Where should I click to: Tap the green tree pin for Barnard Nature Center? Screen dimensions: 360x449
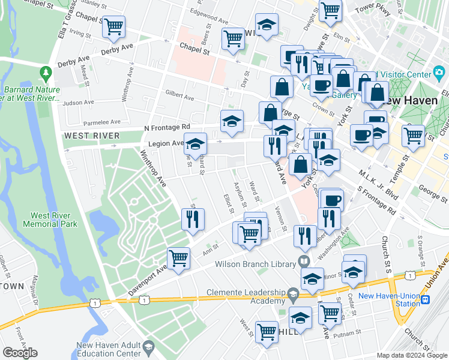point(46,73)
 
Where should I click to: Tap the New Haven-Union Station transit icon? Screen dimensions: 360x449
point(425,299)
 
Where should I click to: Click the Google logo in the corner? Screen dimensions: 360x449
point(20,353)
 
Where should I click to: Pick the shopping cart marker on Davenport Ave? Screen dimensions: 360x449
point(179,259)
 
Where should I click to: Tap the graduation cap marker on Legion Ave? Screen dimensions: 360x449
point(195,145)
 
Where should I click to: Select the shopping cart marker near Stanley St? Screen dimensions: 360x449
point(113,27)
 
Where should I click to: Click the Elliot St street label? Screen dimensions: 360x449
point(228,202)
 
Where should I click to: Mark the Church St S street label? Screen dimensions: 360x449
point(385,252)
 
